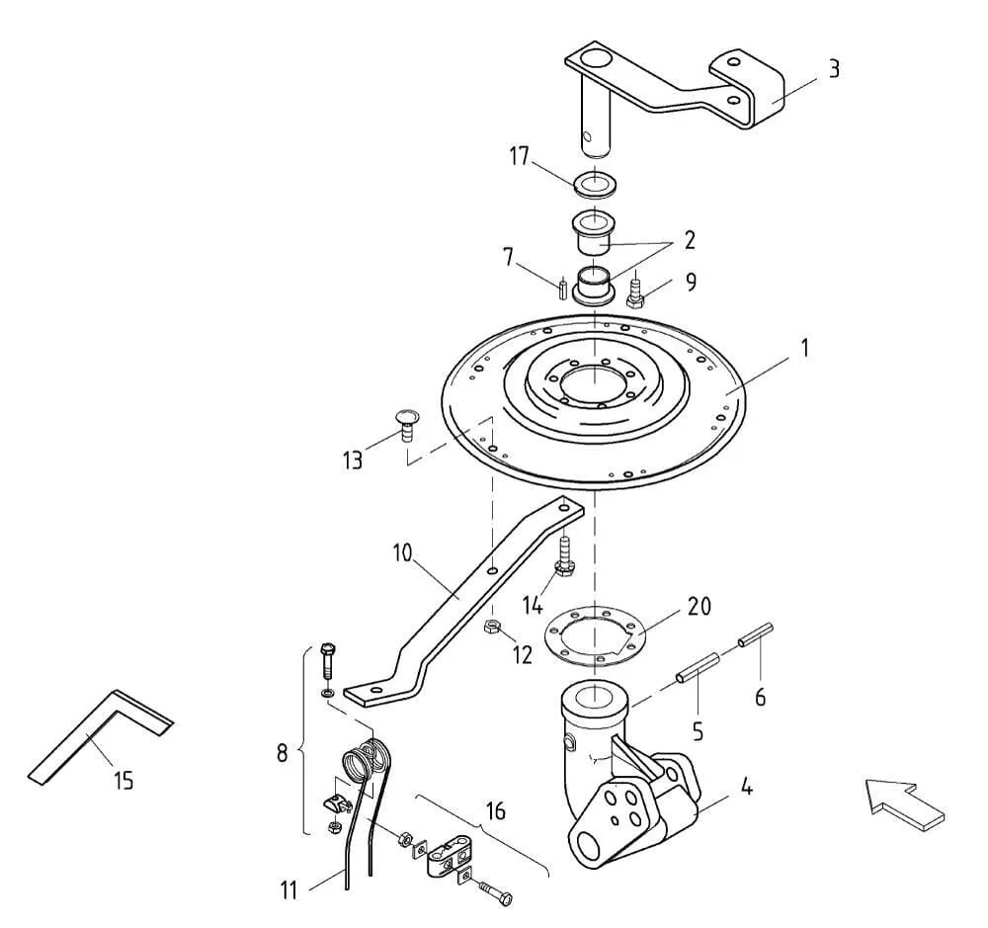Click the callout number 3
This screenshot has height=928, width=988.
pos(834,69)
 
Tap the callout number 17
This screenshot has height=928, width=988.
pos(520,156)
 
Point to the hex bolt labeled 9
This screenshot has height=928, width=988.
pos(635,292)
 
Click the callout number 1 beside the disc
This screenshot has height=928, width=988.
pos(804,348)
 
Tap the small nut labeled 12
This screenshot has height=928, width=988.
pos(491,627)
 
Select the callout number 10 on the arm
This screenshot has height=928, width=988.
pos(402,553)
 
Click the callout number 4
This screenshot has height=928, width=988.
pos(746,787)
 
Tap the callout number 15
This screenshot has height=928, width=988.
pos(124,781)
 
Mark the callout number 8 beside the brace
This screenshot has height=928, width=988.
pos(283,752)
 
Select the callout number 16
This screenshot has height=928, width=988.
pos(496,810)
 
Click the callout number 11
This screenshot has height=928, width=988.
pos(288,890)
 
